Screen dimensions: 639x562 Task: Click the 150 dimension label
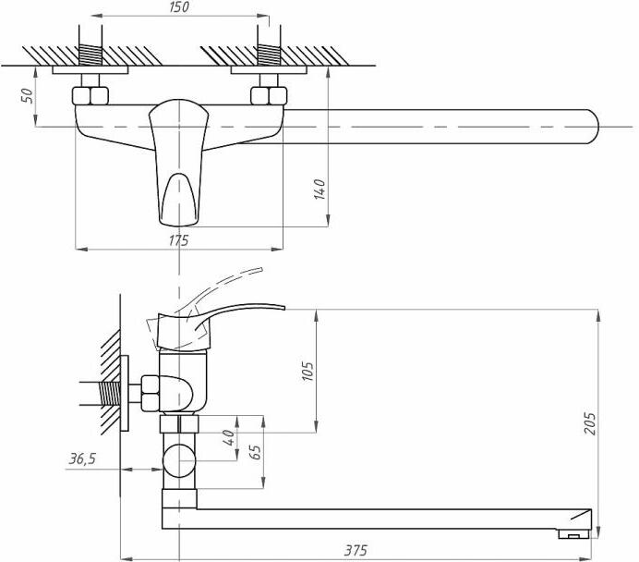point(179,7)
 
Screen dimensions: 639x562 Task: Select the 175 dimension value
point(179,240)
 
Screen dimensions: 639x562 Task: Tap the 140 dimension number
point(319,189)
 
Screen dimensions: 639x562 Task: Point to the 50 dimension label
point(28,96)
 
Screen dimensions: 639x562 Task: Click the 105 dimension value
point(307,372)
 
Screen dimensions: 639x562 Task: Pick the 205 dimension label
point(590,423)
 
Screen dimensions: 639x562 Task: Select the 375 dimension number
point(356,550)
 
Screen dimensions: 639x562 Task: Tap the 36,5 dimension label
point(82,458)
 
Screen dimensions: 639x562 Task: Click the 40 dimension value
point(229,437)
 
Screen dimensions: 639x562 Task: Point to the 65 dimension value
point(256,452)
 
